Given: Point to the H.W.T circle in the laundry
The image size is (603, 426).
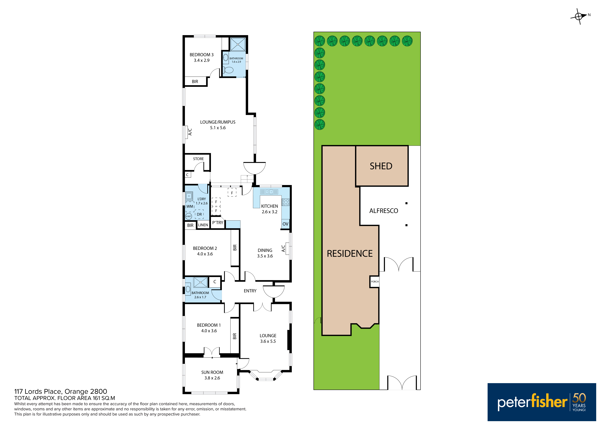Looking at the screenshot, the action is click(x=189, y=216).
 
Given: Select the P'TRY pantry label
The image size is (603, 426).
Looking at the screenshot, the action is click(x=218, y=223).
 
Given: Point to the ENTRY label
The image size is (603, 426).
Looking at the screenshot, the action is click(x=250, y=291).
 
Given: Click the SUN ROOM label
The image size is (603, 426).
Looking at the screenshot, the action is click(x=212, y=373).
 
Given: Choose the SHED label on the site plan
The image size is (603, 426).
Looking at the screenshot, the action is click(x=381, y=166).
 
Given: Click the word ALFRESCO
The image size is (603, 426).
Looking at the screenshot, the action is click(x=384, y=211).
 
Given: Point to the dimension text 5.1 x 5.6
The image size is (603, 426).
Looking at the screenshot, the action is click(x=218, y=128).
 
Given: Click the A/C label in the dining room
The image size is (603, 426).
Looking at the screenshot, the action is click(x=283, y=248).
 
